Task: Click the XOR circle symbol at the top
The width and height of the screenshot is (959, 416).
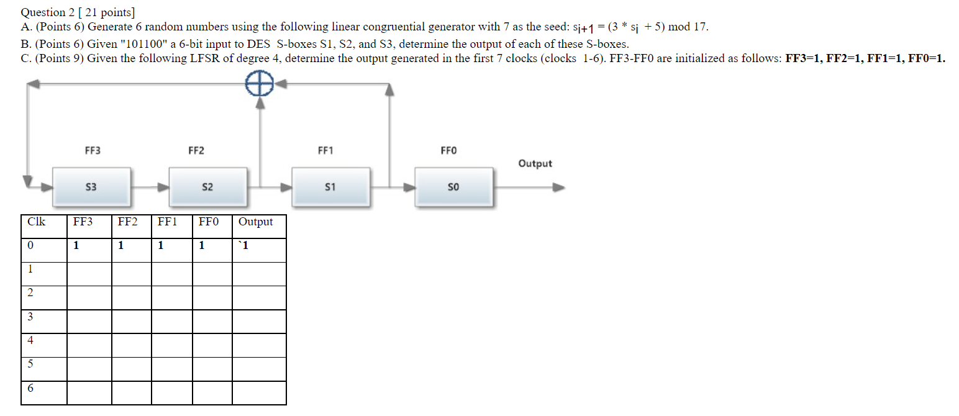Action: click(x=260, y=82)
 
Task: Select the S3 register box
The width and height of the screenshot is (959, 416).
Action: click(x=91, y=187)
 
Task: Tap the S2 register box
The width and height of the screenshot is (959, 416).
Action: click(x=208, y=187)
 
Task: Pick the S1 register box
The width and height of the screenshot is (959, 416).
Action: click(x=330, y=187)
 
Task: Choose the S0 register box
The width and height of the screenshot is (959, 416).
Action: click(x=453, y=187)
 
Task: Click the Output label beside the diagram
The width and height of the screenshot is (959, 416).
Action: click(x=535, y=163)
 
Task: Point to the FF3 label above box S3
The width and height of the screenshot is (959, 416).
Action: click(x=93, y=150)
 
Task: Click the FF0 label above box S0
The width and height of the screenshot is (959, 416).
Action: click(x=448, y=150)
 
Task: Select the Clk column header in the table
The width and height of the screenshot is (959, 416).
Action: click(x=36, y=222)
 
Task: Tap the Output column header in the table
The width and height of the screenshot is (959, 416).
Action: click(x=255, y=222)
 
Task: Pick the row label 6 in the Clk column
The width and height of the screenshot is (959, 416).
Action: click(x=30, y=388)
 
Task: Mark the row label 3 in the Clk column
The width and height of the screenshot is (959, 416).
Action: click(x=30, y=317)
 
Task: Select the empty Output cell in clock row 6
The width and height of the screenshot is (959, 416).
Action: click(x=259, y=392)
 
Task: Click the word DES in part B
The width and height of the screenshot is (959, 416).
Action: click(x=261, y=44)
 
